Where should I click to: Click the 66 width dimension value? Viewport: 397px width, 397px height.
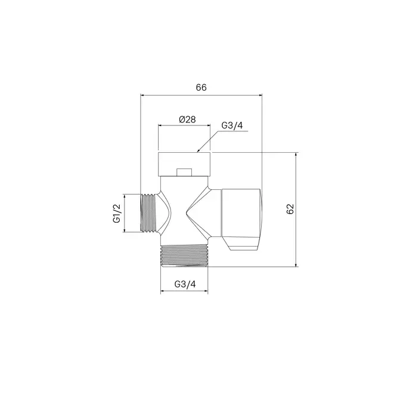tap(201, 88)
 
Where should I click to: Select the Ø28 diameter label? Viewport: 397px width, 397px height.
tap(187, 119)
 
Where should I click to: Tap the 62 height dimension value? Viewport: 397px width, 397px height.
tap(290, 209)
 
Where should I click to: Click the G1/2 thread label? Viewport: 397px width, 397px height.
tap(117, 213)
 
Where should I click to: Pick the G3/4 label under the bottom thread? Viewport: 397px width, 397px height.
tap(185, 284)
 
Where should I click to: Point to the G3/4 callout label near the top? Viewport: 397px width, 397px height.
tap(232, 125)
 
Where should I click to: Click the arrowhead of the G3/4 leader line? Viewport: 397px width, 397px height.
tap(199, 151)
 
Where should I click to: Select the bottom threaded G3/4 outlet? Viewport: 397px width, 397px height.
tap(184, 256)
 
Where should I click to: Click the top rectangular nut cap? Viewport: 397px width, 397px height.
tap(184, 164)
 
